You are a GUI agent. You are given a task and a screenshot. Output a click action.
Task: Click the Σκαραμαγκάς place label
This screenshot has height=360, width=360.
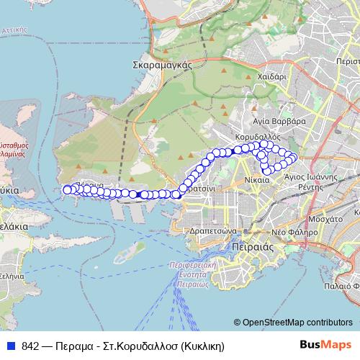[161, 64]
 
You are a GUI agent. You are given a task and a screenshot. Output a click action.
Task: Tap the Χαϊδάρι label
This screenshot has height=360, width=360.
[273, 74]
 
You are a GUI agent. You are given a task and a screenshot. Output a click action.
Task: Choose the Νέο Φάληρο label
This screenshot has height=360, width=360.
[294, 233]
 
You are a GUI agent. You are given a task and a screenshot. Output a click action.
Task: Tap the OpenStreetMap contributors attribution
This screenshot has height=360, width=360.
[292, 323]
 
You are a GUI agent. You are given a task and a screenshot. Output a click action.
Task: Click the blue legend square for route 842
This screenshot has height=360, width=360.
[11, 346]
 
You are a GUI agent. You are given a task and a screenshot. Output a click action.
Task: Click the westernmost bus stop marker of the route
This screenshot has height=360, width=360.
[67, 189]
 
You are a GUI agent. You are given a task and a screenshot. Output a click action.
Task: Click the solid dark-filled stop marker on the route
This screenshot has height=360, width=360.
[138, 194]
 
